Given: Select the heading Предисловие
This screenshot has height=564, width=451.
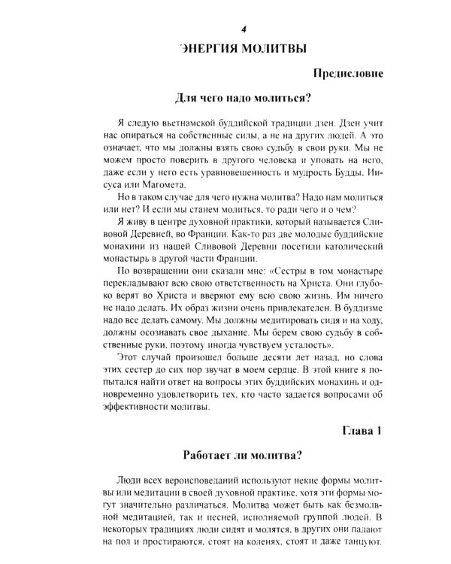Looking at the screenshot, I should click(346, 74).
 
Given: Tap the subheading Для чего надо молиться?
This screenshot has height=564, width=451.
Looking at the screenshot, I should click(243, 98).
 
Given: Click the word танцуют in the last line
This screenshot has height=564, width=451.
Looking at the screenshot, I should click(362, 543).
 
